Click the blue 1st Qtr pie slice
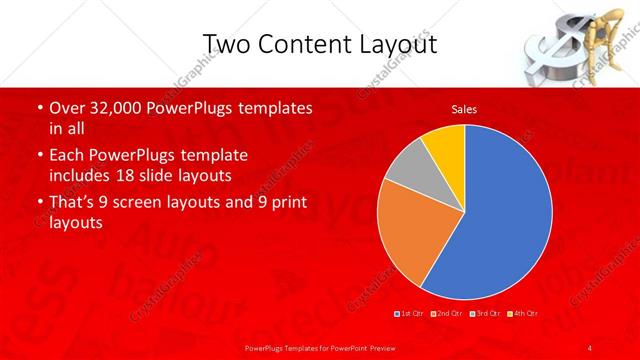(x=500, y=215)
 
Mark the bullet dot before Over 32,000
(x=39, y=108)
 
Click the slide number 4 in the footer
(x=590, y=347)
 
